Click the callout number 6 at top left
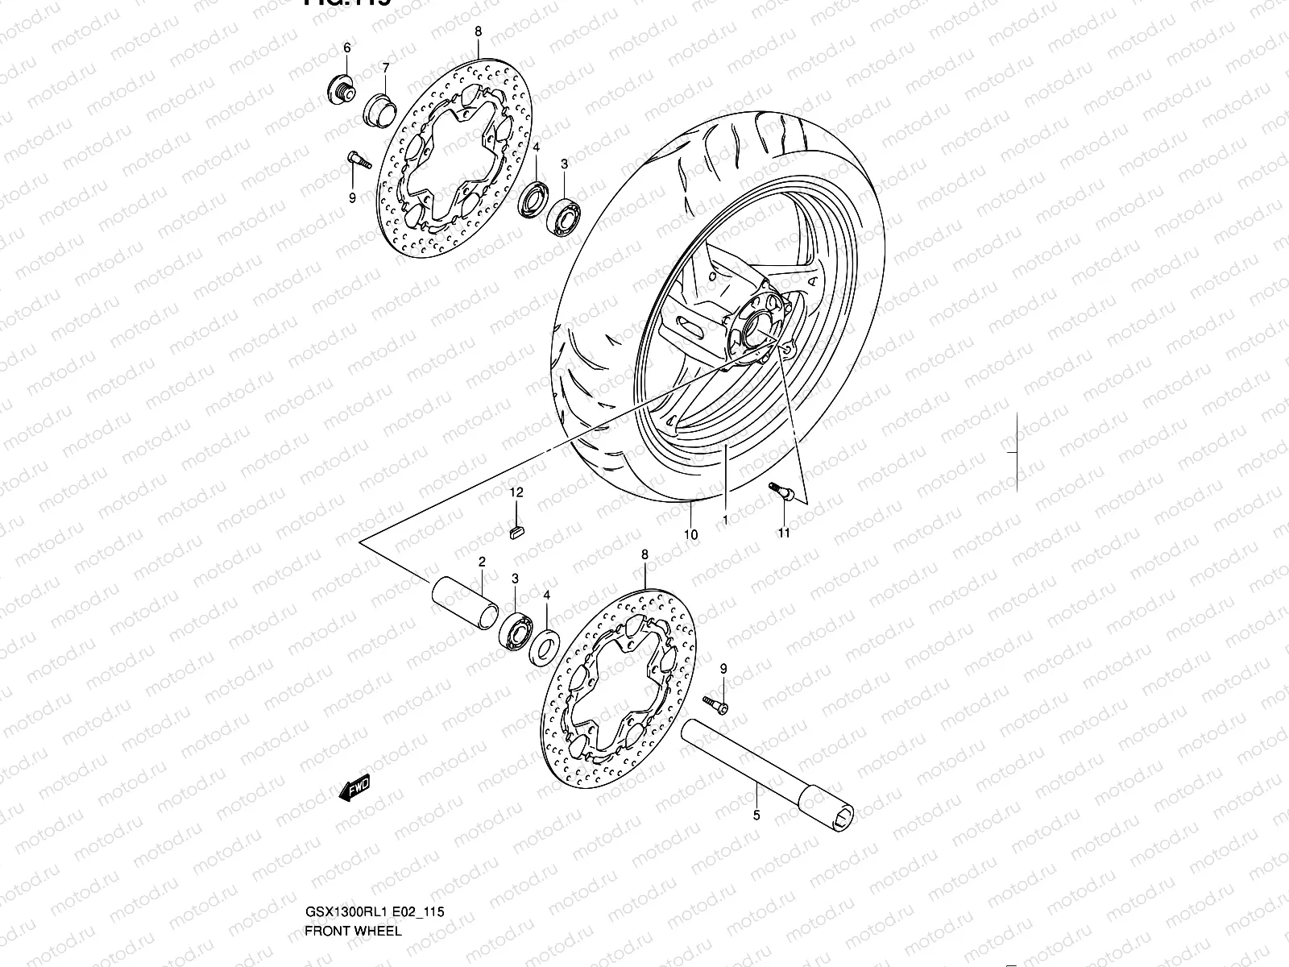tap(347, 48)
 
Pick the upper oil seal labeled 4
tap(534, 198)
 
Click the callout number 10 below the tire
tap(690, 534)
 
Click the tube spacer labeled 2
tap(463, 603)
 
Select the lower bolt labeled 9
tap(715, 704)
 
